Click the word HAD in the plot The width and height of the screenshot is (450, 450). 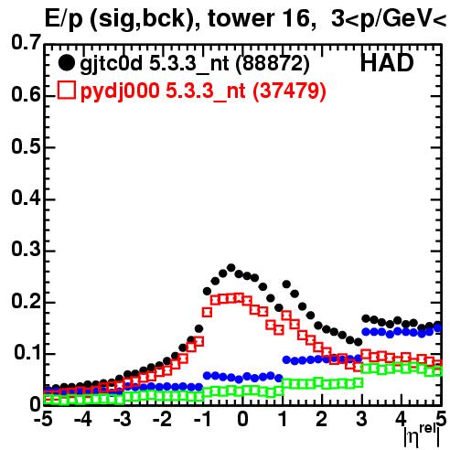coord(387,63)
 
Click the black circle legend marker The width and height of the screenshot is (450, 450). coord(66,63)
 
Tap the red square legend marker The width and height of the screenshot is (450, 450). coord(66,90)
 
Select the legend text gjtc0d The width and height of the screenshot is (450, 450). coord(111,65)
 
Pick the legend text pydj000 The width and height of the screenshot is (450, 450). coord(120,91)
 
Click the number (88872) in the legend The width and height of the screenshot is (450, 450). coord(273,64)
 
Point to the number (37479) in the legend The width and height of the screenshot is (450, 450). coord(289,91)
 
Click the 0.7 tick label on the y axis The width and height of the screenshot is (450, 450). coord(26,42)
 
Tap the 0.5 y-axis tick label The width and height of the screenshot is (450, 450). coord(26,147)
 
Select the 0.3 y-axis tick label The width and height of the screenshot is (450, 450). coord(26,249)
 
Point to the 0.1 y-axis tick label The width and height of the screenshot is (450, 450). coord(27,352)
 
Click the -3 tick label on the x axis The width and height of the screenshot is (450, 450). coord(123,419)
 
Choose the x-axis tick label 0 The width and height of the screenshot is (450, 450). coord(242,419)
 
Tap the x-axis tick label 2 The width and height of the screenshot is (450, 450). coord(321,419)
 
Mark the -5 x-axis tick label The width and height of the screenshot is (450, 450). coord(43,419)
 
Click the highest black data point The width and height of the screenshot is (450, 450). coord(231,268)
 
